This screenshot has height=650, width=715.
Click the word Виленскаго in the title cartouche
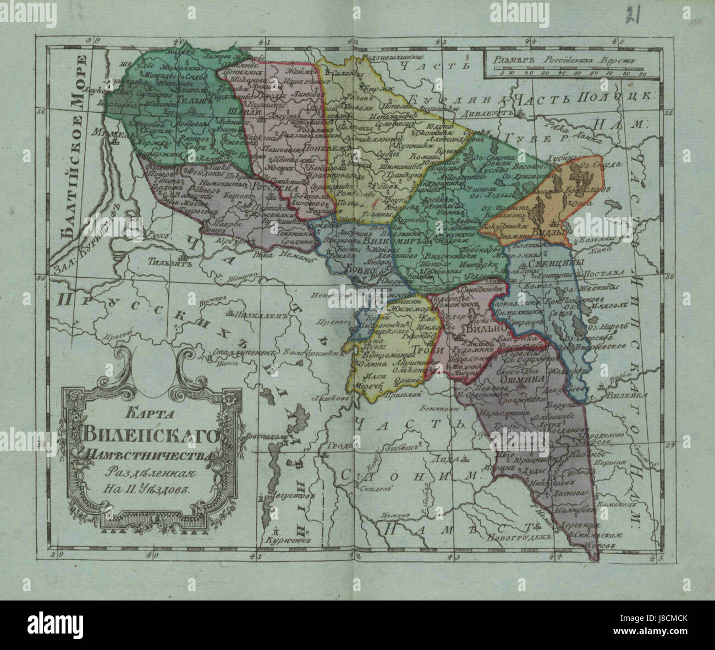pyautogui.click(x=152, y=437)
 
